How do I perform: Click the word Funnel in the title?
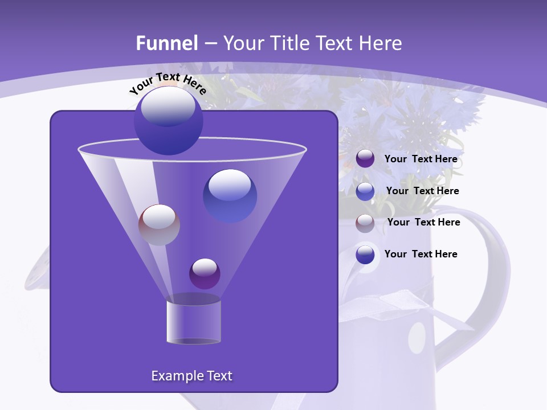click(x=167, y=43)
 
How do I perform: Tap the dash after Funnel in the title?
click(x=210, y=44)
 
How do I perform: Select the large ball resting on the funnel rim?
click(x=168, y=120)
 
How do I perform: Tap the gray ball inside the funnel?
click(x=159, y=224)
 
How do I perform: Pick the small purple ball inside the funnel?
click(x=205, y=273)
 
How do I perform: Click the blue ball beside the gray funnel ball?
click(x=230, y=195)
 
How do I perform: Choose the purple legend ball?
click(x=365, y=159)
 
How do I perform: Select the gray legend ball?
click(x=365, y=223)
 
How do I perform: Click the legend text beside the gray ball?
click(x=423, y=222)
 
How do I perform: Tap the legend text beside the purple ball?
click(x=421, y=159)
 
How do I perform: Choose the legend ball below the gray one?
click(x=365, y=255)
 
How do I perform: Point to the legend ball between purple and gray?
click(x=365, y=191)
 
